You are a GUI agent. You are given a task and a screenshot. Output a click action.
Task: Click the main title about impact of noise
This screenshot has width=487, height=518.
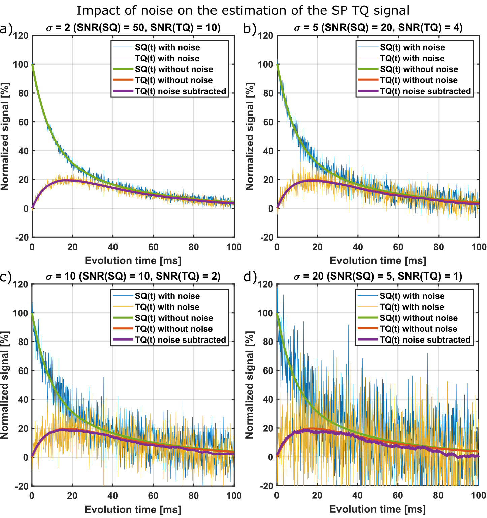pyautogui.click(x=243, y=11)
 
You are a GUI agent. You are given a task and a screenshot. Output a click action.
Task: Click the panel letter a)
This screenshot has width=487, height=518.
pyautogui.click(x=6, y=29)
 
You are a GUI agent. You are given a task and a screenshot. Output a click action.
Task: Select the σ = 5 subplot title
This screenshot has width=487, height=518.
pyautogui.click(x=378, y=27)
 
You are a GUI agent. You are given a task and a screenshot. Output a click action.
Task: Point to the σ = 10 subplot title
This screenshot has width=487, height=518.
pyautogui.click(x=133, y=276)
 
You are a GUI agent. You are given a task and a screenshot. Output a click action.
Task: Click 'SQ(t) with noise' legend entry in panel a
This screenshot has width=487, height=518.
pyautogui.click(x=167, y=47)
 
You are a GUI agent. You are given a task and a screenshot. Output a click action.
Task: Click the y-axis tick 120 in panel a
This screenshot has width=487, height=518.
pyautogui.click(x=21, y=35)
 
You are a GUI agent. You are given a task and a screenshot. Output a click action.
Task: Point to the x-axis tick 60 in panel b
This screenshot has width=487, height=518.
pyautogui.click(x=398, y=247)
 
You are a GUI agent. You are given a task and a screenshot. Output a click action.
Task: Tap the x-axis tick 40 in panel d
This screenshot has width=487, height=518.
pyautogui.click(x=357, y=495)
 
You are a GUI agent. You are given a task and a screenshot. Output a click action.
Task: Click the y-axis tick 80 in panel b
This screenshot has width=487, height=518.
pyautogui.click(x=268, y=93)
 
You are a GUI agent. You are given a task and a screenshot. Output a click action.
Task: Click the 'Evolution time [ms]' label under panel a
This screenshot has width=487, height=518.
pyautogui.click(x=133, y=261)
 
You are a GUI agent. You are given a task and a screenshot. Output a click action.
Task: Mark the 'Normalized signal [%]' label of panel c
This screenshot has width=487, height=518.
pyautogui.click(x=5, y=385)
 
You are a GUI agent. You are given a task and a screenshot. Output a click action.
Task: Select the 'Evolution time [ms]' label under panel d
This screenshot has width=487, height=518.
pyautogui.click(x=378, y=509)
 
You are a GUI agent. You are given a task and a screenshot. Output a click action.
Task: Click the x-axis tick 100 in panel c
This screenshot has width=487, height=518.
pyautogui.click(x=234, y=495)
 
